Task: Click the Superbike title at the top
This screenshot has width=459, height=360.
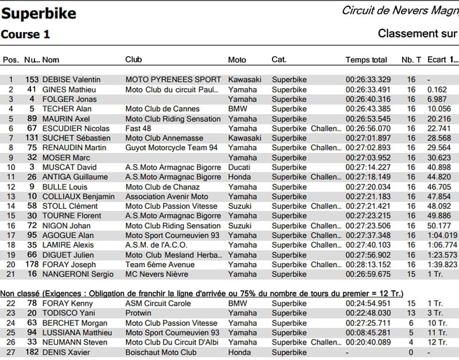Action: pyautogui.click(x=38, y=13)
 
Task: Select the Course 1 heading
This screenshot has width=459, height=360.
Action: pyautogui.click(x=25, y=34)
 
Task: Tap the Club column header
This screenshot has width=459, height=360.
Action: pyautogui.click(x=134, y=60)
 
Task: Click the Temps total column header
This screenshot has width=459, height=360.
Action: pyautogui.click(x=366, y=60)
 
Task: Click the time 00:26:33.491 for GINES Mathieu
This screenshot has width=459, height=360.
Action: pyautogui.click(x=368, y=89)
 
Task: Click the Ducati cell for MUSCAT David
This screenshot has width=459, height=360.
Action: pyautogui.click(x=239, y=167)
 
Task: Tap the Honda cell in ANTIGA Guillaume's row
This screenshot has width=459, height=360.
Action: pyautogui.click(x=239, y=177)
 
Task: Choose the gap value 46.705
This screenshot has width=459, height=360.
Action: pyautogui.click(x=437, y=187)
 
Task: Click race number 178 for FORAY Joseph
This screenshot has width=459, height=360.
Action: pyautogui.click(x=31, y=264)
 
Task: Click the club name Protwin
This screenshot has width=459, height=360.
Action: pyautogui.click(x=138, y=313)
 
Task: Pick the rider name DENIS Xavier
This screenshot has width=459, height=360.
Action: pyautogui.click(x=63, y=352)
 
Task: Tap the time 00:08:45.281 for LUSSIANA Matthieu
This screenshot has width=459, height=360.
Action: pyautogui.click(x=368, y=332)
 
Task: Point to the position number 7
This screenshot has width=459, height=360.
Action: pyautogui.click(x=10, y=138)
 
